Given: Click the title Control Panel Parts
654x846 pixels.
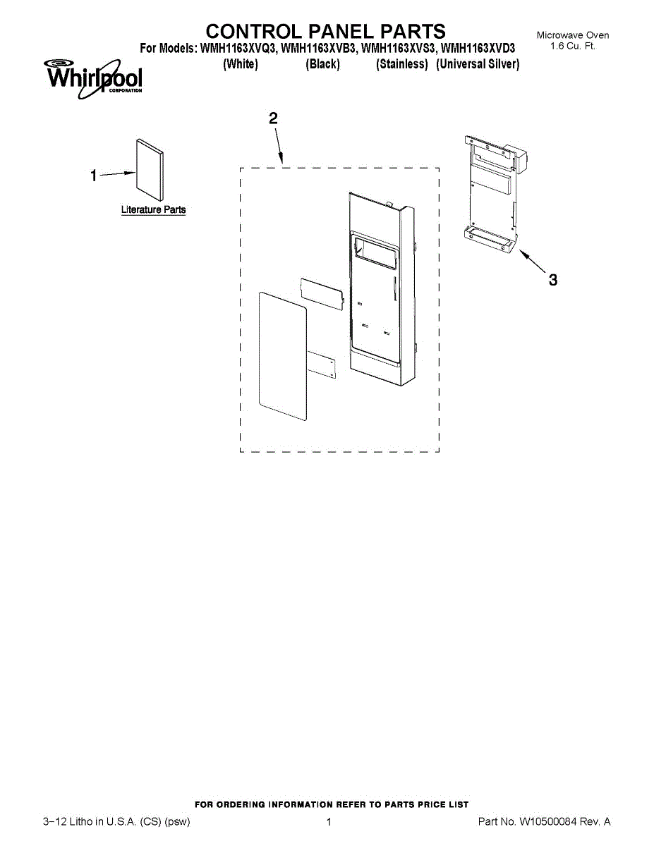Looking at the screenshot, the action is [x=325, y=32].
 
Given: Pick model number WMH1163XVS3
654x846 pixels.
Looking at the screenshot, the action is [x=399, y=49].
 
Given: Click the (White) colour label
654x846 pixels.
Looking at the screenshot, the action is [x=240, y=64].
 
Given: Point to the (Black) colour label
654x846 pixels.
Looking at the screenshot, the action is [x=322, y=64].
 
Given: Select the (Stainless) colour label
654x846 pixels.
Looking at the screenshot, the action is [x=402, y=64].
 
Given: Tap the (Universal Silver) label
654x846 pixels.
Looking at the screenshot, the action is [x=478, y=64].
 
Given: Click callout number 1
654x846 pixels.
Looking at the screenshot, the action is [x=93, y=176].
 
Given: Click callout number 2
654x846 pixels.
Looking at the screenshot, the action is [x=273, y=118].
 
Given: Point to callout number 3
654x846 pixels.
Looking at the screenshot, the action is [x=553, y=280].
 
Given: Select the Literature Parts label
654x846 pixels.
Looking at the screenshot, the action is [x=153, y=210].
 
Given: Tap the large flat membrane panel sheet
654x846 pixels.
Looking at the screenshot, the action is [x=282, y=356].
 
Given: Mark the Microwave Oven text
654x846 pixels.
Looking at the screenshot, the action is [x=572, y=35].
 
